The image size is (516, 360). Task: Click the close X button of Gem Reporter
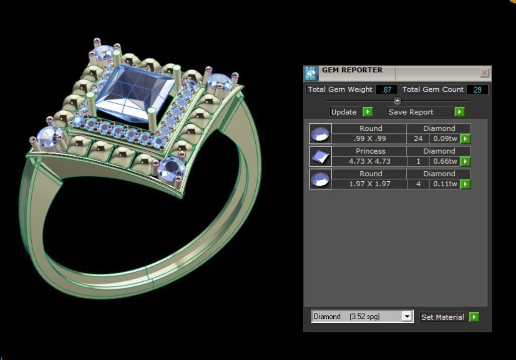point(484,73)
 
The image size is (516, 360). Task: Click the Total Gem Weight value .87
point(387,90)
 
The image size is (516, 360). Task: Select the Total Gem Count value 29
point(477,90)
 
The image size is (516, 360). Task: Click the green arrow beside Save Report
point(459,112)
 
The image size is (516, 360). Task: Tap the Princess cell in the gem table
point(371,151)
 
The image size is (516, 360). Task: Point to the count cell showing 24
point(418,139)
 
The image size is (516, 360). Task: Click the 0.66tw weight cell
point(445,162)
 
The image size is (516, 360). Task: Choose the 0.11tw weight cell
point(445,184)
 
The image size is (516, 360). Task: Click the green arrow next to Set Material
point(474,317)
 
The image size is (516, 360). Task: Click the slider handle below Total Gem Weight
point(397,101)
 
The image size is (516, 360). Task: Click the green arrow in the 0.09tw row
point(466,139)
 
